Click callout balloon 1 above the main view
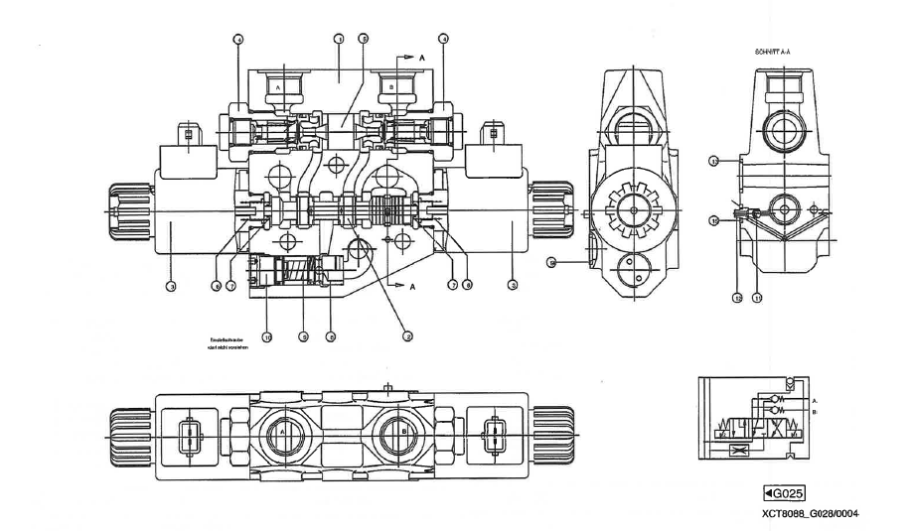coord(339,39)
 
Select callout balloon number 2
coord(407,334)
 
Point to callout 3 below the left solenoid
coord(171,287)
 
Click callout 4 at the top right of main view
coord(444,39)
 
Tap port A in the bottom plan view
coord(282,434)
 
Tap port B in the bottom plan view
coord(404,434)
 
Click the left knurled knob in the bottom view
coord(128,433)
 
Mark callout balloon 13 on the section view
coord(713,160)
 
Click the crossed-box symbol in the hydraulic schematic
coord(737,450)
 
